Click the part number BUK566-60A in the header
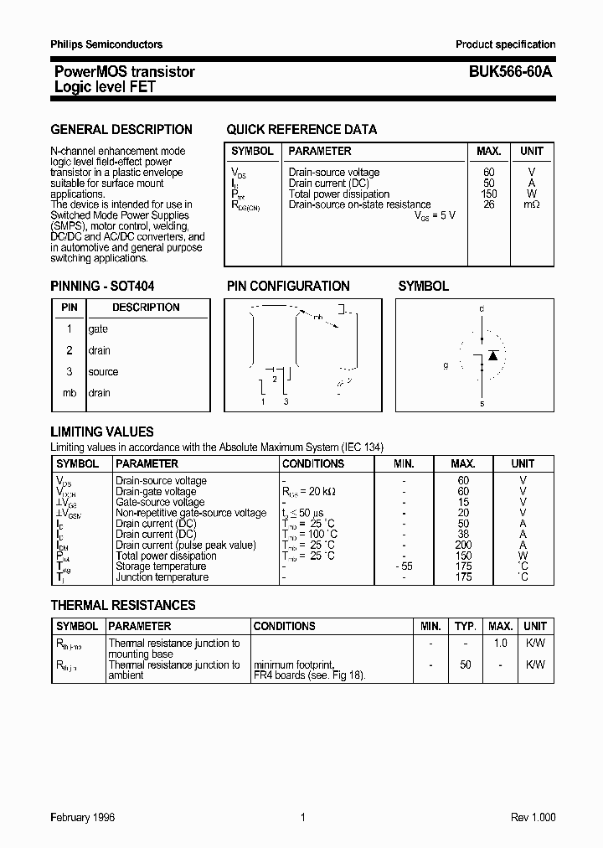click(505, 72)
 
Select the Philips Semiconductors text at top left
click(106, 44)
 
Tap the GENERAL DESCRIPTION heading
click(121, 129)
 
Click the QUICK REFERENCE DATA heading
click(301, 129)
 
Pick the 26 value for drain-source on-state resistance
click(488, 204)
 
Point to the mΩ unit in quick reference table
click(532, 204)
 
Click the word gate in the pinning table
click(98, 329)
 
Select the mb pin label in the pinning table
click(70, 393)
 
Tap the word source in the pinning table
click(103, 372)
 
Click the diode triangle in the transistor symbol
click(493, 355)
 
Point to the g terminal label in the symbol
click(447, 365)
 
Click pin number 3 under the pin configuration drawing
click(286, 403)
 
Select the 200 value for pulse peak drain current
click(464, 545)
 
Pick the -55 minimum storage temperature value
click(404, 566)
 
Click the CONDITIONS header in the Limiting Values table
click(313, 463)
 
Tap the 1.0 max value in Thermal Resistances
click(500, 644)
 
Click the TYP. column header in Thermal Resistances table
click(465, 626)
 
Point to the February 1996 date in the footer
click(83, 817)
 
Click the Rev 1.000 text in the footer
click(533, 817)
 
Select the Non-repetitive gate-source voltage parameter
click(191, 513)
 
